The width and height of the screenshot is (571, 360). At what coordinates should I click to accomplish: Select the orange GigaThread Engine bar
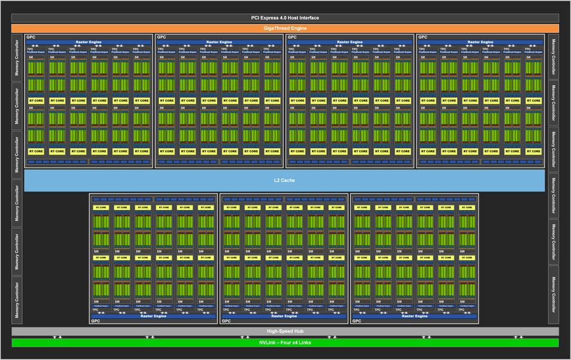pyautogui.click(x=285, y=28)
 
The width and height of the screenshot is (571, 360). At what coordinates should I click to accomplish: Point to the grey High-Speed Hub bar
pyautogui.click(x=285, y=331)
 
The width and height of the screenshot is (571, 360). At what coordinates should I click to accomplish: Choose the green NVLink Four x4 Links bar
pyautogui.click(x=285, y=343)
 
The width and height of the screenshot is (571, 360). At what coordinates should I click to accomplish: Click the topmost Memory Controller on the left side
pyautogui.click(x=17, y=58)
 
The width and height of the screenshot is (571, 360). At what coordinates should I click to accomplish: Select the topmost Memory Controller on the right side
pyautogui.click(x=554, y=58)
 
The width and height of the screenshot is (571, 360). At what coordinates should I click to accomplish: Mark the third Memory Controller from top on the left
pyautogui.click(x=17, y=154)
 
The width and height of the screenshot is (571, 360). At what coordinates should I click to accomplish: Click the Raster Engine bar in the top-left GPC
pyautogui.click(x=88, y=42)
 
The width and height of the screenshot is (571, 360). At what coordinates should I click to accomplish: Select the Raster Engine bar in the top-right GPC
pyautogui.click(x=480, y=42)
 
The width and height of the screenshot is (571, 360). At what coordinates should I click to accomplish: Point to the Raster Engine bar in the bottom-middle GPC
pyautogui.click(x=284, y=316)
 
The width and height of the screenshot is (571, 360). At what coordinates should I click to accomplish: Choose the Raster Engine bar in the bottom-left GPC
pyautogui.click(x=153, y=316)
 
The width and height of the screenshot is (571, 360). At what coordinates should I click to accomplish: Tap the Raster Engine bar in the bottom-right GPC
pyautogui.click(x=414, y=316)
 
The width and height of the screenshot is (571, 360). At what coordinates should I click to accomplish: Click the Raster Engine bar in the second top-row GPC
pyautogui.click(x=219, y=42)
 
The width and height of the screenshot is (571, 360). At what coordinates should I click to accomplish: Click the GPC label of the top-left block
pyautogui.click(x=30, y=37)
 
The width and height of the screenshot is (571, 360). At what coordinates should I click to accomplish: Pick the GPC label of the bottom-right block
pyautogui.click(x=356, y=322)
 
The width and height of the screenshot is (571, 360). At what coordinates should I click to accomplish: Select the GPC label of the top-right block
pyautogui.click(x=422, y=37)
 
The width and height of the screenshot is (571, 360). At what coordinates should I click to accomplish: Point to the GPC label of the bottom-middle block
pyautogui.click(x=226, y=322)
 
